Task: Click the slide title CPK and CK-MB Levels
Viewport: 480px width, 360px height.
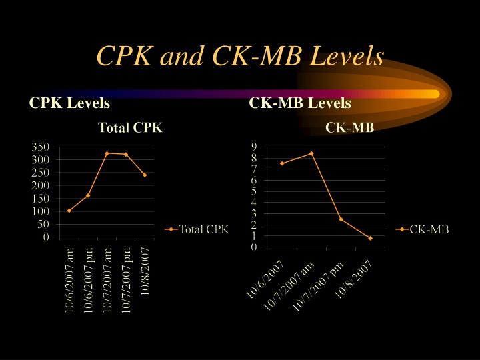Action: pyautogui.click(x=240, y=56)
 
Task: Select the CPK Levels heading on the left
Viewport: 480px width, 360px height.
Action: pyautogui.click(x=69, y=103)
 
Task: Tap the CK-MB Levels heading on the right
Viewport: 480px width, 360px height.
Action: pyautogui.click(x=300, y=103)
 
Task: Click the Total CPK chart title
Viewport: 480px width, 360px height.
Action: pyautogui.click(x=130, y=127)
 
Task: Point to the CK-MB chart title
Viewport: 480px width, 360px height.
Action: pyautogui.click(x=349, y=127)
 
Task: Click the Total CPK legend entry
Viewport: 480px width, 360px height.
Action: pyautogui.click(x=197, y=229)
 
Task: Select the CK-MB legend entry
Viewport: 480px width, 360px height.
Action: pyautogui.click(x=422, y=229)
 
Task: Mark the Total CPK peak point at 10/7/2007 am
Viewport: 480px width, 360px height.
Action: pyautogui.click(x=107, y=153)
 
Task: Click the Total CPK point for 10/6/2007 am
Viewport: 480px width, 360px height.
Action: pyautogui.click(x=69, y=211)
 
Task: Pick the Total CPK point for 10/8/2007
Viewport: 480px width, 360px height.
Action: pyautogui.click(x=145, y=175)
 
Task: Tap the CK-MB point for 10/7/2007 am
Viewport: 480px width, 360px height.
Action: pyautogui.click(x=311, y=153)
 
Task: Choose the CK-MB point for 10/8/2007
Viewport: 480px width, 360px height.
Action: pyautogui.click(x=371, y=238)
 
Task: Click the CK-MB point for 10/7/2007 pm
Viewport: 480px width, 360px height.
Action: pyautogui.click(x=341, y=219)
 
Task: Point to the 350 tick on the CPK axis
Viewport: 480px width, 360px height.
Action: pyautogui.click(x=40, y=147)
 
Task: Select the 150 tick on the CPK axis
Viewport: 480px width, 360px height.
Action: pyautogui.click(x=40, y=199)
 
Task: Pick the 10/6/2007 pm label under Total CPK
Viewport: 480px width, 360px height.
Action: pyautogui.click(x=88, y=280)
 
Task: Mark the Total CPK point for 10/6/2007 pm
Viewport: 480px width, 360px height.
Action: pyautogui.click(x=88, y=195)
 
